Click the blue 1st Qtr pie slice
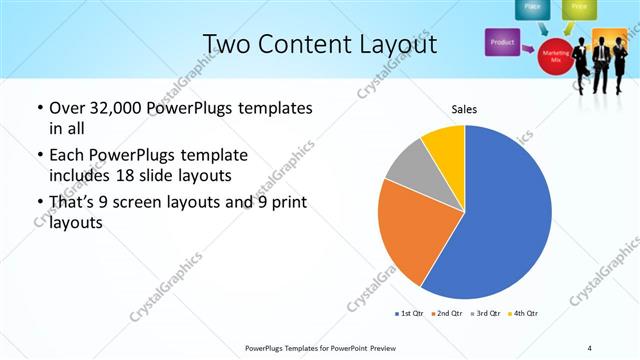pyautogui.click(x=500, y=220)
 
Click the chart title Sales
pyautogui.click(x=465, y=108)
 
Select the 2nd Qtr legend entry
pyautogui.click(x=447, y=313)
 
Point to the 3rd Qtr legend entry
pyautogui.click(x=485, y=313)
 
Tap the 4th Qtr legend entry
pyautogui.click(x=523, y=313)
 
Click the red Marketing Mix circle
pyautogui.click(x=555, y=54)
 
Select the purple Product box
pyautogui.click(x=502, y=42)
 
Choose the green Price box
pyautogui.click(x=578, y=8)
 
